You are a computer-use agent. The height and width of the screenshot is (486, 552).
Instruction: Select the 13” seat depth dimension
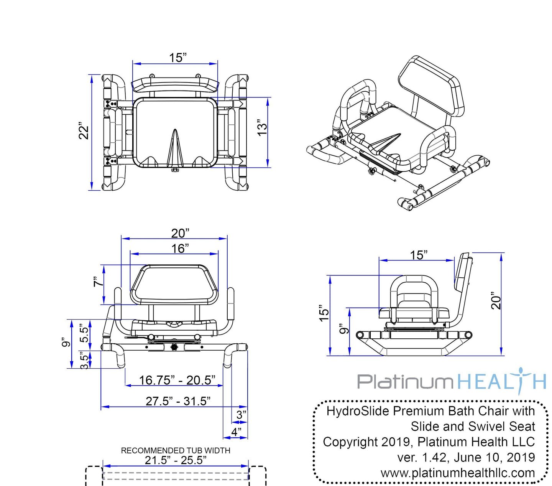click(x=262, y=128)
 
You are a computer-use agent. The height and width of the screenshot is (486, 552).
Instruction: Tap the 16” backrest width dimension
click(x=180, y=249)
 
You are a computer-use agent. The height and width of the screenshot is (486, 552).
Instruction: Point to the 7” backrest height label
click(x=99, y=282)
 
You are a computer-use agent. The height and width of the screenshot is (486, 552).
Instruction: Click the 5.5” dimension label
click(x=84, y=334)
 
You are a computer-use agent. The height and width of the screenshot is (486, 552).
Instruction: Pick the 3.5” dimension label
click(x=84, y=360)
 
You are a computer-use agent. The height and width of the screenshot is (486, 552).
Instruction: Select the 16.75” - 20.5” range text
click(x=177, y=380)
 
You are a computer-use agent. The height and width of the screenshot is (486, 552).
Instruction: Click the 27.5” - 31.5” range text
click(x=178, y=401)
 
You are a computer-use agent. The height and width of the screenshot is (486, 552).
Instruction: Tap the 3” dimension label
click(x=242, y=415)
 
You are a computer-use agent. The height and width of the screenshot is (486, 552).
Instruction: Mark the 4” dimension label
click(x=237, y=432)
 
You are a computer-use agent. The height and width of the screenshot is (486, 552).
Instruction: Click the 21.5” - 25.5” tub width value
click(x=176, y=460)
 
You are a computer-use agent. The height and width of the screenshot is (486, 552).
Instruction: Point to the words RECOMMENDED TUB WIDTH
click(x=176, y=450)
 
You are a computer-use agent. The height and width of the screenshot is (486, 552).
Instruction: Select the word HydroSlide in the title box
click(x=358, y=411)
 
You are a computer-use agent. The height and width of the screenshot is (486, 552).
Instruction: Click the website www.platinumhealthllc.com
click(x=458, y=473)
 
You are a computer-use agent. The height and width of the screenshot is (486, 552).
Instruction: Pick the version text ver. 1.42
click(x=422, y=457)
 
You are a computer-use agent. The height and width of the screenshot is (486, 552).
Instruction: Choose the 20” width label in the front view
click(x=180, y=233)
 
